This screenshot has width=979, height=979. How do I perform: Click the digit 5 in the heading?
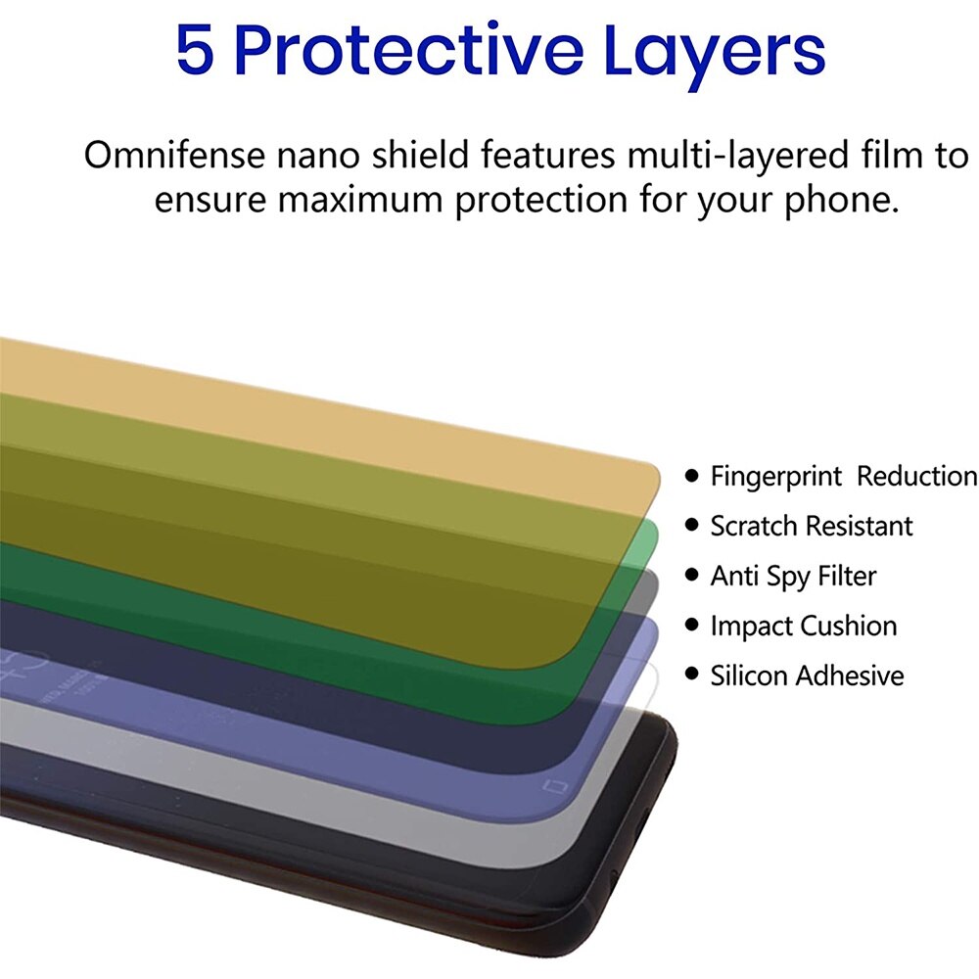tap(195, 49)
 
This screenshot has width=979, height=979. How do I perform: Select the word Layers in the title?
tap(715, 55)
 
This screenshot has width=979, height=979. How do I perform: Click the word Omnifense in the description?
tap(175, 155)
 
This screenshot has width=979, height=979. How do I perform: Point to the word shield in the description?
tap(420, 155)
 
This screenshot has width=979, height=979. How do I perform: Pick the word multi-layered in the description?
tap(737, 156)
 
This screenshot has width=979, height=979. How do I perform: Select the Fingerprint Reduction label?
tap(844, 477)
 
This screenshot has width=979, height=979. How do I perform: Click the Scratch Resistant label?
tap(812, 527)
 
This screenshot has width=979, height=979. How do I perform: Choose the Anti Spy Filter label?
tap(794, 577)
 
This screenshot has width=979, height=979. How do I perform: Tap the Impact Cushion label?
tap(804, 627)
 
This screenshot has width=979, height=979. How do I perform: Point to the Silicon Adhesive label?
tap(808, 676)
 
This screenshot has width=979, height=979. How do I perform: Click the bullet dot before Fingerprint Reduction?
tap(691, 476)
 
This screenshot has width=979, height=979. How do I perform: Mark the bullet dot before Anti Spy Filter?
tap(691, 575)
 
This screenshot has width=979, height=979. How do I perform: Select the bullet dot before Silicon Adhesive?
tap(691, 674)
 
